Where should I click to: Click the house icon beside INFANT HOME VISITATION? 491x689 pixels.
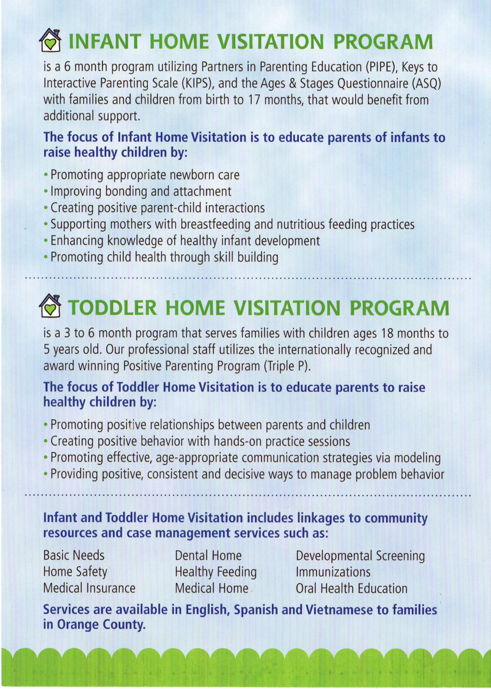click(x=50, y=40)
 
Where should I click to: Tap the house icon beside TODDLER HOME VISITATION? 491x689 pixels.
click(x=50, y=306)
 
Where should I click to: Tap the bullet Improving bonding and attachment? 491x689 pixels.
click(x=140, y=191)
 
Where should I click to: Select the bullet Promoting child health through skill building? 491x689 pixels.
click(x=164, y=257)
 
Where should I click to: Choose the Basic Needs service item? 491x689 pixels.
click(x=74, y=555)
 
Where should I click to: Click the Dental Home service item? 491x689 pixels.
click(x=208, y=555)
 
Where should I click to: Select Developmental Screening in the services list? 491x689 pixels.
click(x=360, y=555)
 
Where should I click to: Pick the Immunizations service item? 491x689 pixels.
click(x=333, y=572)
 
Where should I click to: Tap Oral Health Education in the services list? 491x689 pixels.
click(x=351, y=588)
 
